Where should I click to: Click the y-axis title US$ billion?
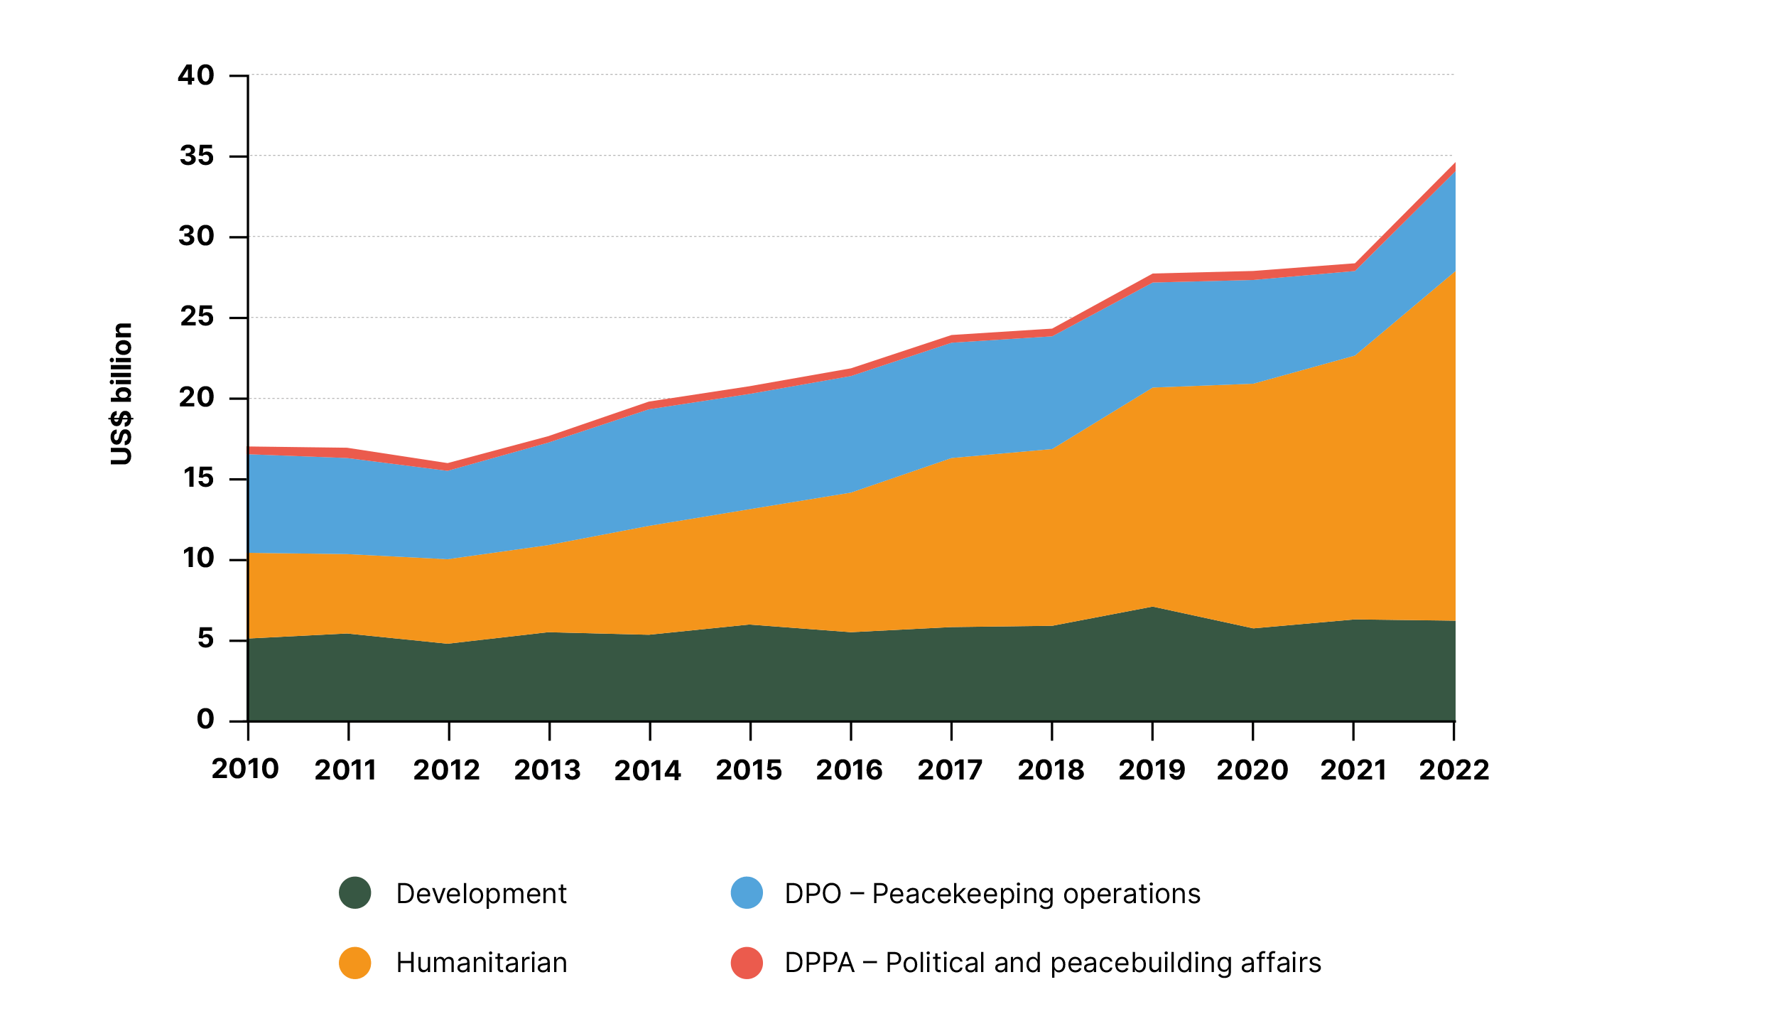pos(121,394)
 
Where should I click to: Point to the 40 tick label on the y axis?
pos(196,75)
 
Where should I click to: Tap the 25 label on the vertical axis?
pos(197,317)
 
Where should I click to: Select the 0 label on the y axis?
pos(205,719)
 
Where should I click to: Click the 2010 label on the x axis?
pos(245,769)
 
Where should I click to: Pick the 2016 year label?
pos(849,770)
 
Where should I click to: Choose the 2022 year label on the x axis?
pos(1453,770)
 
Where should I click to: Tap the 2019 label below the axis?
pos(1152,770)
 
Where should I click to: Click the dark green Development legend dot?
pos(355,893)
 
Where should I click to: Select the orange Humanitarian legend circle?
pos(355,963)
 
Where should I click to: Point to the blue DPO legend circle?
pos(747,893)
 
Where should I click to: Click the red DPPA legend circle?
pos(747,963)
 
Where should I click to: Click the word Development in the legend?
pos(481,894)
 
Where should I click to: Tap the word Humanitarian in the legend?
pos(482,963)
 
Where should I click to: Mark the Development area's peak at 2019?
pos(1152,608)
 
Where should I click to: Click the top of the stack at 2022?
pos(1454,164)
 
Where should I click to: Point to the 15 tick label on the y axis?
pos(198,478)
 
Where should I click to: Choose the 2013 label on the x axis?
pos(547,770)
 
